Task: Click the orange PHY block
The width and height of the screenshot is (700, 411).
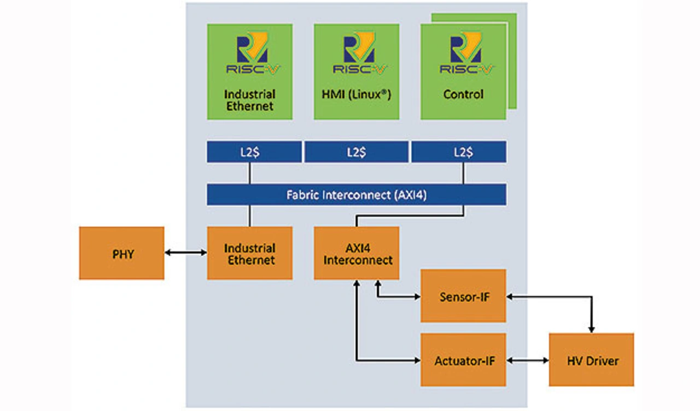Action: point(121,253)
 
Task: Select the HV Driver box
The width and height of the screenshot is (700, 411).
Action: point(591,360)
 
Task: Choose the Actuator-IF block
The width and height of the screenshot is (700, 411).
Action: point(463,360)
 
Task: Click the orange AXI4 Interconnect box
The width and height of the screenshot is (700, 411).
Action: point(357,253)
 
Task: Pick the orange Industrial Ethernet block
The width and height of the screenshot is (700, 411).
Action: point(249,253)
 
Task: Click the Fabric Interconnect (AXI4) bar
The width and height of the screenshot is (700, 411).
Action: point(356,195)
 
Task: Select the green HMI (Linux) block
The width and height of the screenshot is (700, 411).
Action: point(356,71)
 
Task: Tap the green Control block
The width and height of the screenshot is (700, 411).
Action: point(463,71)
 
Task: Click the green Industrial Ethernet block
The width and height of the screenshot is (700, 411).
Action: point(249,71)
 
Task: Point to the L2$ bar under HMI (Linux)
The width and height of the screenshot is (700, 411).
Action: point(356,152)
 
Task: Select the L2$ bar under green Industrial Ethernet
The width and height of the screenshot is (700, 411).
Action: point(254,152)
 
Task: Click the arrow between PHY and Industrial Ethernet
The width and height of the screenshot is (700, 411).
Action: point(185,253)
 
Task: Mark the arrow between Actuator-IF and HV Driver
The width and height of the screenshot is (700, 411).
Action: point(528,361)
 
